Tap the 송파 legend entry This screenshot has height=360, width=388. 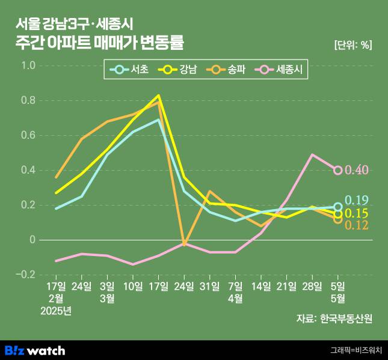pos(228,69)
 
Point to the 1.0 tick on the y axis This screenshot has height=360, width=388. pos(28,66)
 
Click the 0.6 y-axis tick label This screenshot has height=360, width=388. pos(28,135)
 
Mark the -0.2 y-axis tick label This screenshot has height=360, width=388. pos(25,275)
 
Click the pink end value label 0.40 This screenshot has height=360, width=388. pos(357,170)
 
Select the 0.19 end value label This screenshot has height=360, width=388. pos(357,200)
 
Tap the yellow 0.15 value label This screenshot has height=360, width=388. pos(357,214)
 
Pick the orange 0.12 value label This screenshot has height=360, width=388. pos(357,225)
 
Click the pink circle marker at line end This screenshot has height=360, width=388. pos(338,170)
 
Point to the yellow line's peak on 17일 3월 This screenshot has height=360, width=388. pos(159,95)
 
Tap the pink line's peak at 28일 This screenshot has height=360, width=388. pos(312,154)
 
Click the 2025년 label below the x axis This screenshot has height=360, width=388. pos(55,311)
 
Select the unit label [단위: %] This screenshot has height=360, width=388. pos(353,44)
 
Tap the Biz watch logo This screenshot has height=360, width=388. pos(35,350)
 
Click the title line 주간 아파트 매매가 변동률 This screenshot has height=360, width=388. pos(100,43)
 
